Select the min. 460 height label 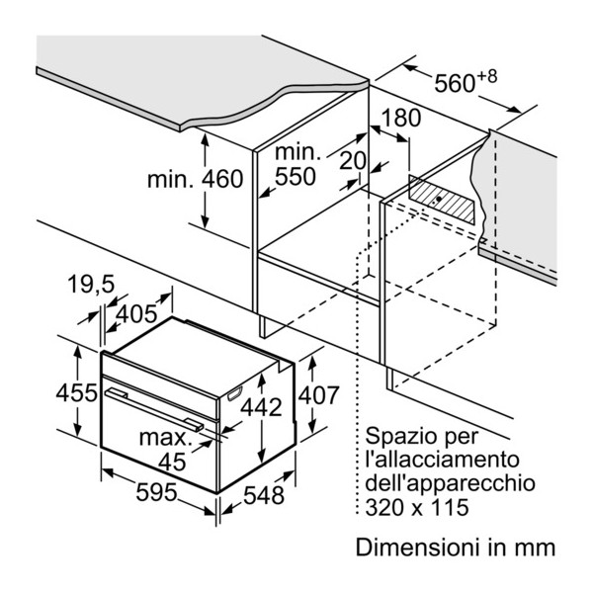(x=194, y=180)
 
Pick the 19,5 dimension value (x=92, y=285)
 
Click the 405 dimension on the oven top (x=136, y=315)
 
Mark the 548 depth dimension (x=263, y=495)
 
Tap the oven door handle (x=157, y=408)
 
